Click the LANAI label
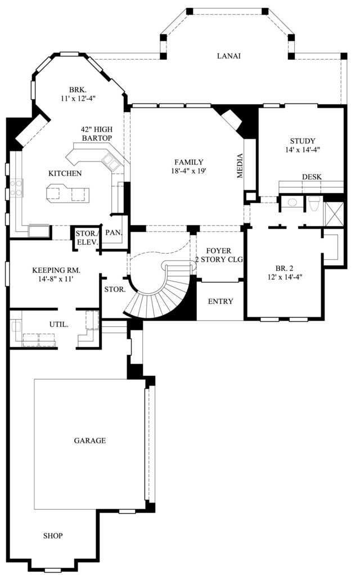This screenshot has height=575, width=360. [228, 56]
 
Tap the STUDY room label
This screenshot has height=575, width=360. [303, 141]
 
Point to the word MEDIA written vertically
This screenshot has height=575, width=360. [240, 165]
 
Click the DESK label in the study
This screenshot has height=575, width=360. [312, 177]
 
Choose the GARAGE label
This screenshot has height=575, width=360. [90, 441]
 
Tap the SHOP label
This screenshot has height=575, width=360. [53, 536]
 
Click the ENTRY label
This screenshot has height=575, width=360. [220, 301]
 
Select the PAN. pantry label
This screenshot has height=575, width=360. [114, 232]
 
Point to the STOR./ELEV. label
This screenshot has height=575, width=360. [87, 237]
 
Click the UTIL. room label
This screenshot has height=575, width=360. [58, 324]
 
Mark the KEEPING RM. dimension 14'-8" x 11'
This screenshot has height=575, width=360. [56, 279]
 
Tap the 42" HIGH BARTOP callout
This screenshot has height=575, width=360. [97, 133]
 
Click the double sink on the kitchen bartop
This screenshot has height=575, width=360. [111, 161]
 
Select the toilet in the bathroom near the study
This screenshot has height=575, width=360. [314, 204]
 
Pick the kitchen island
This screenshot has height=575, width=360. [67, 192]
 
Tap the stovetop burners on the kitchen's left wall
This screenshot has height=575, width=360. [16, 188]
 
